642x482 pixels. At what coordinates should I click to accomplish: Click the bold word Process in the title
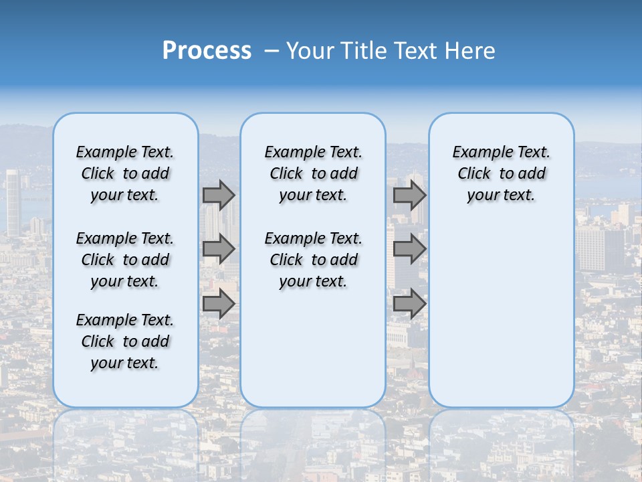pos(207,51)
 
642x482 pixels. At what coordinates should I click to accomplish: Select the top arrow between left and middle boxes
pos(219,195)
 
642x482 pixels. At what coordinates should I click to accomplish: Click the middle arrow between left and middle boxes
pos(219,249)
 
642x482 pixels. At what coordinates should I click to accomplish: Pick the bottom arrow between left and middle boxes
pos(219,304)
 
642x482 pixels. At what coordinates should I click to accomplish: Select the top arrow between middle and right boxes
pos(409,195)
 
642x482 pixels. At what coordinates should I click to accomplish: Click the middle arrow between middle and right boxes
pos(409,249)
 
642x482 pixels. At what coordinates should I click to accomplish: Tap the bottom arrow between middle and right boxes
pos(409,304)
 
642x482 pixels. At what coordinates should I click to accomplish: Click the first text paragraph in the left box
pos(125,173)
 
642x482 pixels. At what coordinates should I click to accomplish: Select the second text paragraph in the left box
pos(125,260)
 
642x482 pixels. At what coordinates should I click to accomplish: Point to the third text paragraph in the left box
pos(125,341)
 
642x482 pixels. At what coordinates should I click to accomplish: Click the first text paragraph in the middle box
pos(313,173)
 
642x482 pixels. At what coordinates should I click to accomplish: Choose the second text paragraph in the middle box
pos(313,260)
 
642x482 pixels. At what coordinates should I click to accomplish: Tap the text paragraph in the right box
pos(501,173)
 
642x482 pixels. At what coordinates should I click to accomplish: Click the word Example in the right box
pos(477,153)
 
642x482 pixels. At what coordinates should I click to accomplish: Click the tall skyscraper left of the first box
pos(13,201)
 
